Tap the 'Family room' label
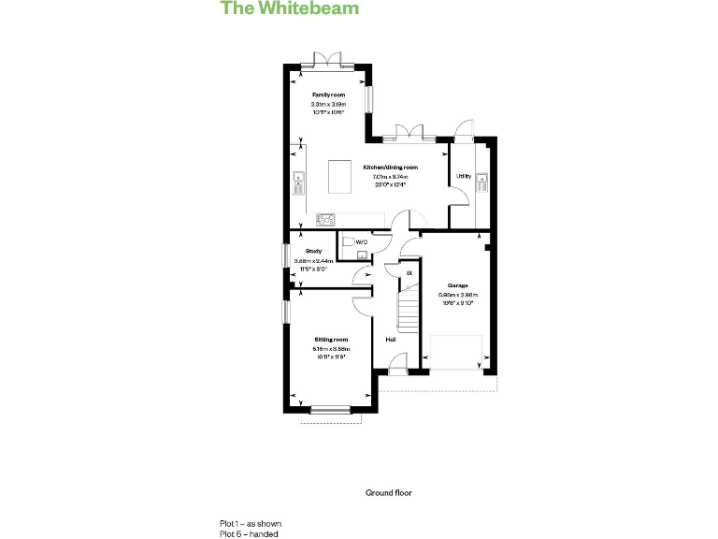tap(329, 95)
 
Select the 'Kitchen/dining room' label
tap(390, 168)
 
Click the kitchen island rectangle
tap(339, 177)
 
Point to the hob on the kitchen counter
tap(326, 220)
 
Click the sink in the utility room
tap(483, 180)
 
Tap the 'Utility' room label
tap(463, 176)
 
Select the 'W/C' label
tap(361, 242)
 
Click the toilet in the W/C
tap(348, 242)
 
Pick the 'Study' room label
tap(313, 251)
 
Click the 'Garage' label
tap(457, 285)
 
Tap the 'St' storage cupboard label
tap(409, 273)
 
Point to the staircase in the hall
tap(407, 309)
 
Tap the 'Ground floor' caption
tap(388, 492)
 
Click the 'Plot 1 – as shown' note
tap(251, 523)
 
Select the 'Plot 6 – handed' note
tap(249, 533)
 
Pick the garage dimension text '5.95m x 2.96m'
tap(457, 295)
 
